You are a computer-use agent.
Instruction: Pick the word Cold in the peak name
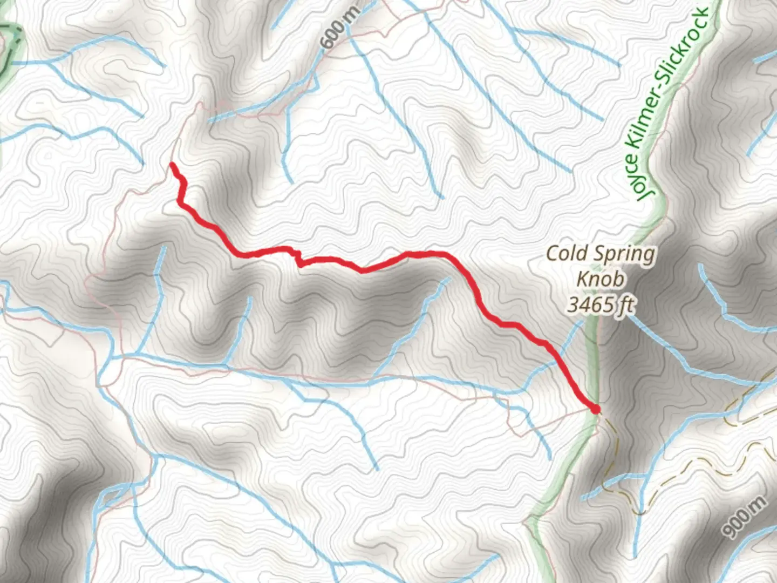[x=565, y=253]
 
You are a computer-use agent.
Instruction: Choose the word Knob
[x=601, y=279]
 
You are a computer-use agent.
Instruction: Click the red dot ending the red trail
[x=595, y=410]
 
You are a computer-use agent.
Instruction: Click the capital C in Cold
[x=553, y=253]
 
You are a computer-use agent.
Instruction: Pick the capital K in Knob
[x=583, y=279]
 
